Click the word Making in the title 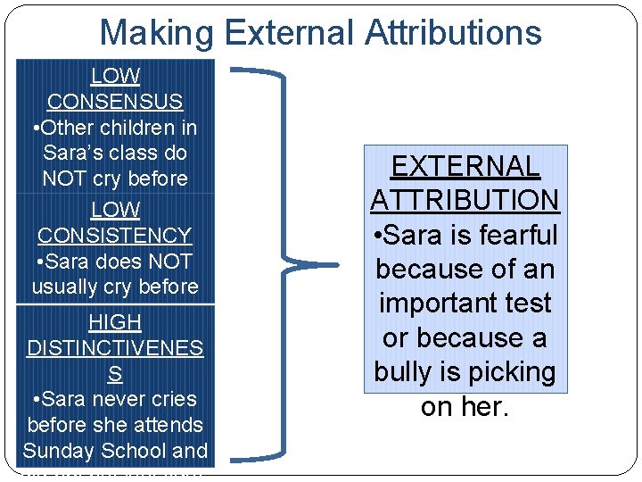(156, 32)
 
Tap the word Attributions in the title (454, 32)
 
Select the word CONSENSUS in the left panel (115, 102)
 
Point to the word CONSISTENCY (115, 236)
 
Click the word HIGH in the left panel (115, 322)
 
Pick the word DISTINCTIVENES (115, 348)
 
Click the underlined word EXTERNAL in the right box (465, 167)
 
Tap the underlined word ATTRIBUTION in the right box (465, 201)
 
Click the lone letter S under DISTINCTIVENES (115, 374)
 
